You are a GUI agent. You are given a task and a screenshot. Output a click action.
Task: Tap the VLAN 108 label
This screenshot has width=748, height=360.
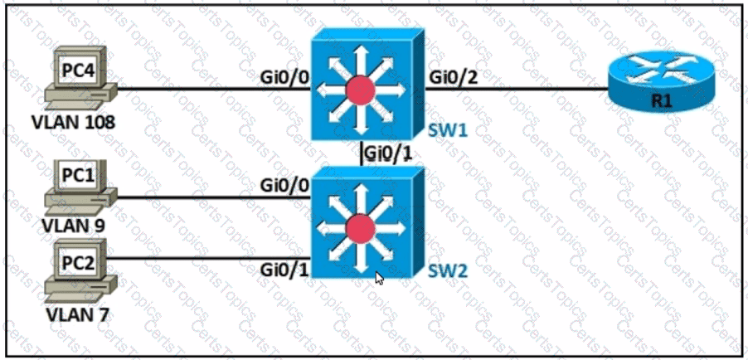pos(73,122)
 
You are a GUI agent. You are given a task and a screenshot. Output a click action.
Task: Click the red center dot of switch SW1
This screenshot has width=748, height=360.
pos(359,90)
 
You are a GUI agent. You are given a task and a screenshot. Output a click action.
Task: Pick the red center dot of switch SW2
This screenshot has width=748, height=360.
pos(359,226)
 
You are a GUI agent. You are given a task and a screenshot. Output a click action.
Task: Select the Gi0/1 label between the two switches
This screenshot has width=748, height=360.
pos(388,153)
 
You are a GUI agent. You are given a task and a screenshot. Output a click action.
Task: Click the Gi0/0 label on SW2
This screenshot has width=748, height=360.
pos(284,184)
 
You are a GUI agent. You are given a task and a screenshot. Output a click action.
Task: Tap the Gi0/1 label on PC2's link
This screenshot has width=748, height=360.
pos(284,269)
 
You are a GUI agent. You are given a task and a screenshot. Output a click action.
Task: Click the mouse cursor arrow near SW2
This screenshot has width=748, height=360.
pos(380,278)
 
